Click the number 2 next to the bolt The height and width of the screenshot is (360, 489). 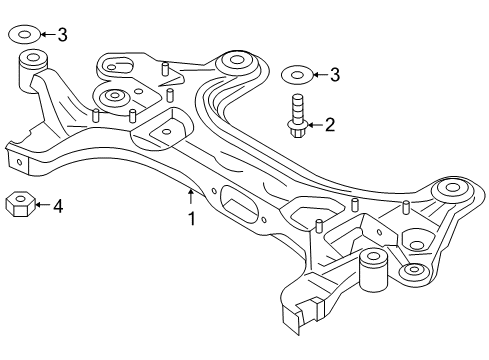329,125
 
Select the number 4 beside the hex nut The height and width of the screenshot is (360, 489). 58,207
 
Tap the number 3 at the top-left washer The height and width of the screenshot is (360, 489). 62,36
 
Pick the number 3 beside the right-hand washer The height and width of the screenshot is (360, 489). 335,73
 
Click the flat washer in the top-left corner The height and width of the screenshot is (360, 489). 27,36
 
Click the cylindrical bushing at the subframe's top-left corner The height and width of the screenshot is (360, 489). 32,72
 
